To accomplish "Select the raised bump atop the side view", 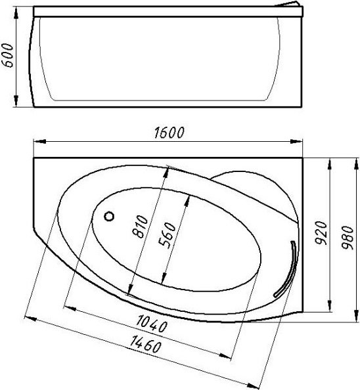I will [292, 6].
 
